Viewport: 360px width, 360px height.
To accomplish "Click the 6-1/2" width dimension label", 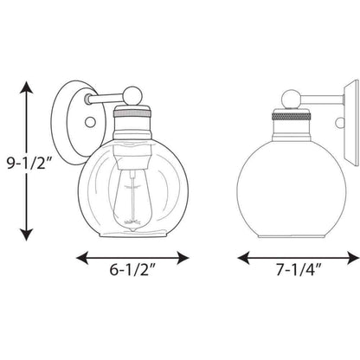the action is pos(132,270).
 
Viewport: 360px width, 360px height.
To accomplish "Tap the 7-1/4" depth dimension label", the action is pos(299,270).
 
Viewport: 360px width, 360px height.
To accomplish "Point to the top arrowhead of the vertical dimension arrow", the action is pos(27,87).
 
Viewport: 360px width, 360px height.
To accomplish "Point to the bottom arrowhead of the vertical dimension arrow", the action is pos(27,235).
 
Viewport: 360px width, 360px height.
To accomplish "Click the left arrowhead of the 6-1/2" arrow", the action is pos(82,258).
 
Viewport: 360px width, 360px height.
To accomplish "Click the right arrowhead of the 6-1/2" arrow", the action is pos(183,258).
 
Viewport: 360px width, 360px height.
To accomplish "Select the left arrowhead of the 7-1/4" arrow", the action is pos(243,258).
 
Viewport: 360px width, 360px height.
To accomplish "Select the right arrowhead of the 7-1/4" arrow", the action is pos(353,258).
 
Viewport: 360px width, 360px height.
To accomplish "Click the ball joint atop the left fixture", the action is pos(132,95).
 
